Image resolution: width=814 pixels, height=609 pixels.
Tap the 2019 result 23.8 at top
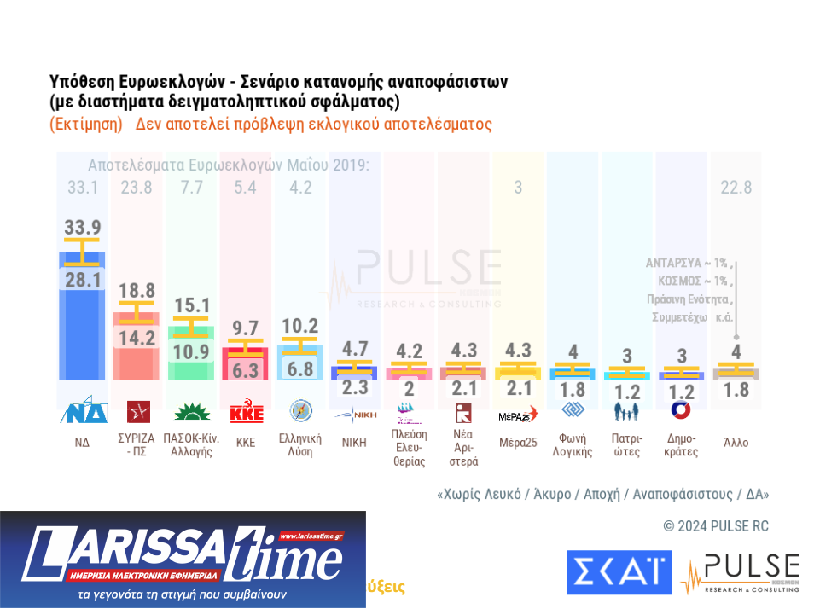pyautogui.click(x=137, y=188)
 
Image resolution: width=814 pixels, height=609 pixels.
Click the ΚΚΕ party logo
pyautogui.click(x=247, y=412)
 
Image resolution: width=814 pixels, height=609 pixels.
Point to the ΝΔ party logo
pyautogui.click(x=82, y=411)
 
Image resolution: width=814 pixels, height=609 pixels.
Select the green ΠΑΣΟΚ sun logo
pyautogui.click(x=192, y=413)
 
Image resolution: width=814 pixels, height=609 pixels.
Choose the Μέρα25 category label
pyautogui.click(x=517, y=443)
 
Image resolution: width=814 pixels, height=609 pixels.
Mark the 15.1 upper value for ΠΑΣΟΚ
pyautogui.click(x=192, y=305)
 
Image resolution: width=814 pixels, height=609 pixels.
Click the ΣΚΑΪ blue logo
pyautogui.click(x=618, y=571)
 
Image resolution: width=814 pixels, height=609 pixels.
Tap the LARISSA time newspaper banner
pyautogui.click(x=183, y=559)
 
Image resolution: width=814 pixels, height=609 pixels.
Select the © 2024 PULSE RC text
pyautogui.click(x=715, y=526)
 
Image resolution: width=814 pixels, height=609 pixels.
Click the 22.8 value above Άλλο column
pyautogui.click(x=736, y=188)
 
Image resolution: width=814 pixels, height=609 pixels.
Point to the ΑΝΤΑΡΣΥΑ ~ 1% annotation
pyautogui.click(x=688, y=263)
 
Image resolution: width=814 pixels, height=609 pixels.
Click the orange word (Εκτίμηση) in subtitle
pyautogui.click(x=86, y=125)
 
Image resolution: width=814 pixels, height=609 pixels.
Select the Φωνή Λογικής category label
pyautogui.click(x=572, y=444)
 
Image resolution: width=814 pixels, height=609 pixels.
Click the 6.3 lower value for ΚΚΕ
pyautogui.click(x=247, y=370)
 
